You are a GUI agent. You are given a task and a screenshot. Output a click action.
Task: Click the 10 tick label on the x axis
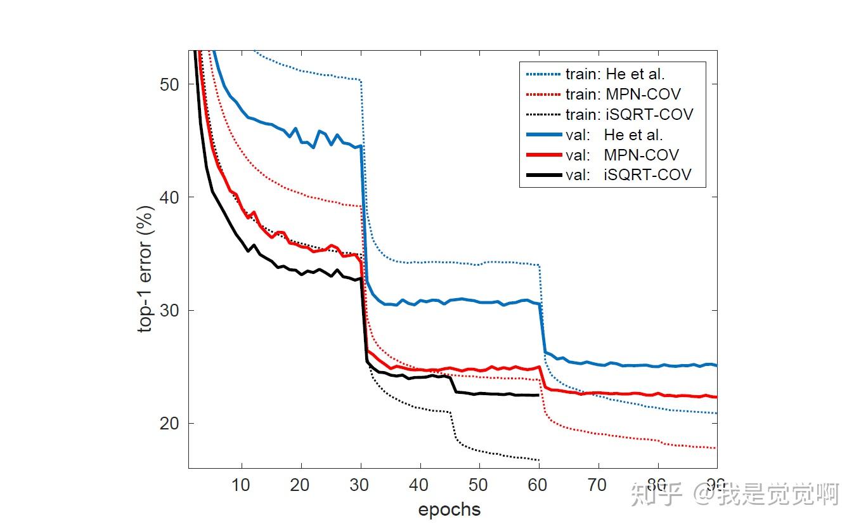click(x=241, y=485)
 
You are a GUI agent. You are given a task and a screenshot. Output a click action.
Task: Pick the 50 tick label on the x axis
click(x=479, y=485)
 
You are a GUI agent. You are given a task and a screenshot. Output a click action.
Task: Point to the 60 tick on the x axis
click(x=538, y=485)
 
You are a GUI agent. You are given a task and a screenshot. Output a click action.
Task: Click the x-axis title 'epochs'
click(x=449, y=509)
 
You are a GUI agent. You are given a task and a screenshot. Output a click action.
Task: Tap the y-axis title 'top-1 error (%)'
click(x=146, y=269)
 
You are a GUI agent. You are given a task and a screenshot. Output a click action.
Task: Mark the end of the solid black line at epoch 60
click(x=538, y=395)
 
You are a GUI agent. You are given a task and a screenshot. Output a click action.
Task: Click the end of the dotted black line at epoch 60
click(x=538, y=460)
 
